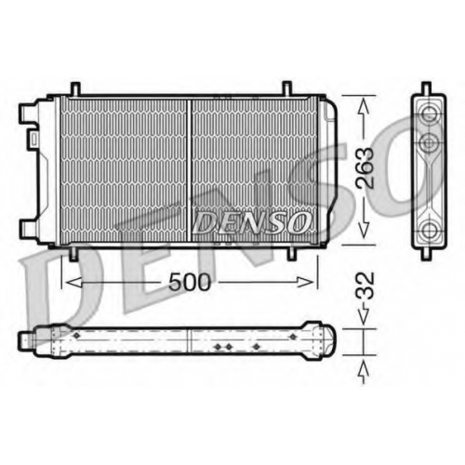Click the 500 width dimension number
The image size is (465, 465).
pos(190,282)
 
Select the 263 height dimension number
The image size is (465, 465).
pos(365,167)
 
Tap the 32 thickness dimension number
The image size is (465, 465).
pos(365,286)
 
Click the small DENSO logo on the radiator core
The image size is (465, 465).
pos(252,222)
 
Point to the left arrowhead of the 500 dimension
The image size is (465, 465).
pos(74,282)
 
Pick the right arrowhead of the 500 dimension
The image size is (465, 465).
pos(305,282)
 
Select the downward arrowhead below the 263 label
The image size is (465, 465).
pos(364,230)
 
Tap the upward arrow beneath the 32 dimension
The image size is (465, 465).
pos(364,373)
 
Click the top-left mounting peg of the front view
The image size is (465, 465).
pos(75,88)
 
